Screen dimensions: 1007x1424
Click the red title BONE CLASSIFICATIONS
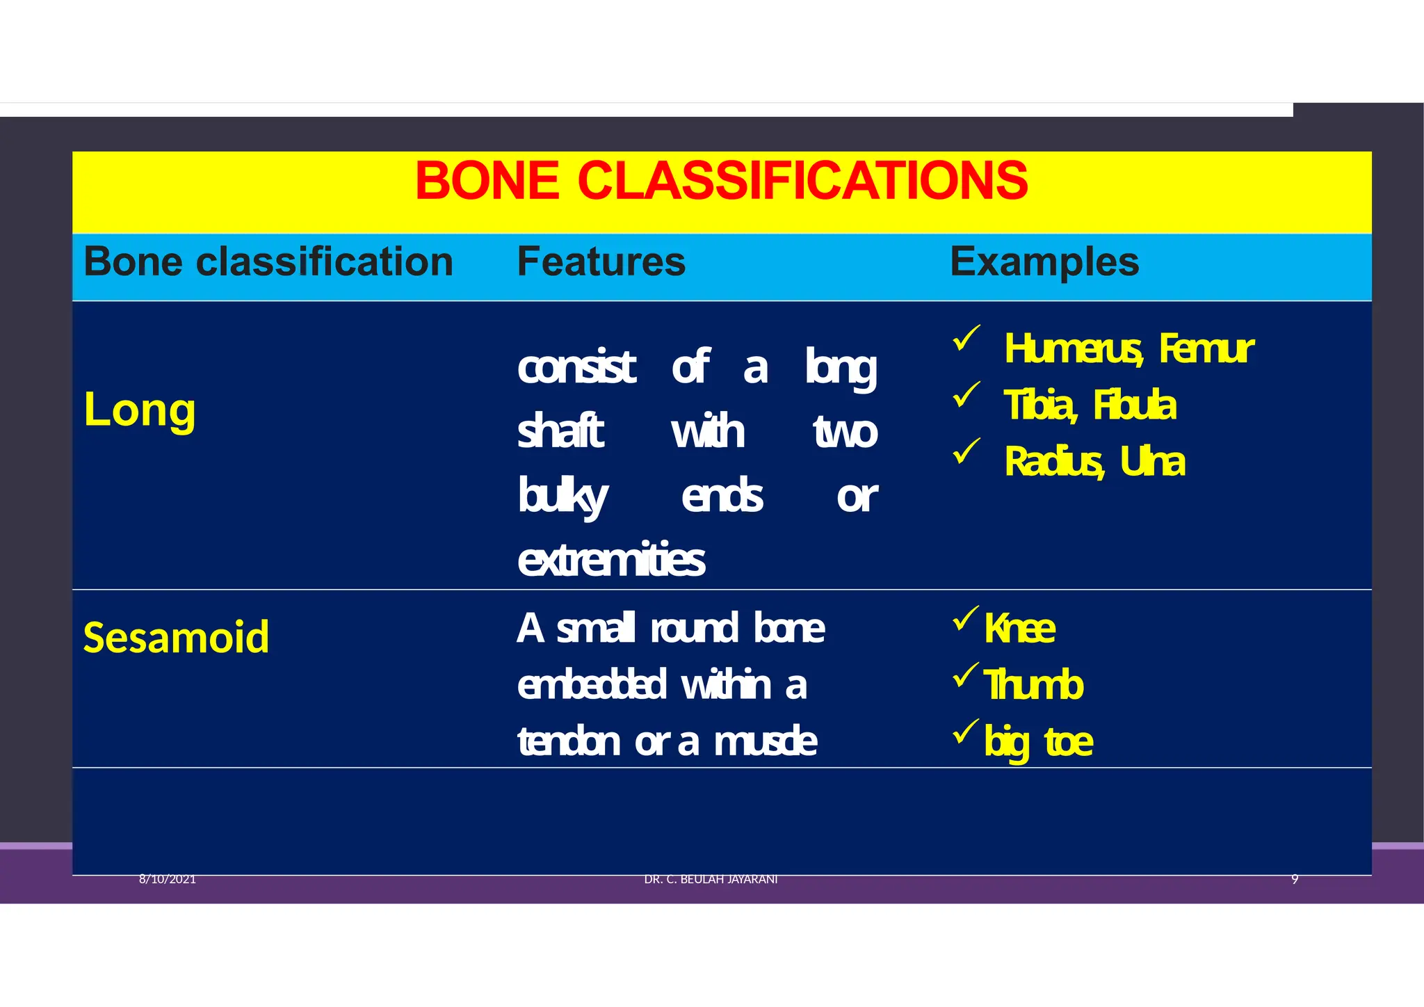click(721, 181)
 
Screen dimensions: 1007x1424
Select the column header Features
click(601, 262)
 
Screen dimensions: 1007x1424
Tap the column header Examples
click(1044, 262)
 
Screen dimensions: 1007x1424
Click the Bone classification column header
click(268, 262)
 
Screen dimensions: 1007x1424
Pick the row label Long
click(139, 410)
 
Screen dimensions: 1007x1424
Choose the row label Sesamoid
click(176, 637)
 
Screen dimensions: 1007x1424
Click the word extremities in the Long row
click(610, 560)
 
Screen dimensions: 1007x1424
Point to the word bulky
click(562, 497)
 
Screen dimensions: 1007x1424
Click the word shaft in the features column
click(560, 431)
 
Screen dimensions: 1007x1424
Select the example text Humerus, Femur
click(1128, 348)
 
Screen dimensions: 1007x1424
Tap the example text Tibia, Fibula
click(1089, 405)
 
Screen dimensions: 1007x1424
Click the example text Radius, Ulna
click(1094, 462)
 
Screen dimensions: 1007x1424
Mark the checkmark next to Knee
click(965, 618)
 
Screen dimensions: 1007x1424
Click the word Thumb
click(1033, 685)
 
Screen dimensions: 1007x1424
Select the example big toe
click(1038, 742)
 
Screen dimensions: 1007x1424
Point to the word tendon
click(568, 742)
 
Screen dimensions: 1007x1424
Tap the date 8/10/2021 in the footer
click(167, 879)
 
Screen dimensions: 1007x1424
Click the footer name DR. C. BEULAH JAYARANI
click(710, 879)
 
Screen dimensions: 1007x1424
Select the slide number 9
click(1294, 879)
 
